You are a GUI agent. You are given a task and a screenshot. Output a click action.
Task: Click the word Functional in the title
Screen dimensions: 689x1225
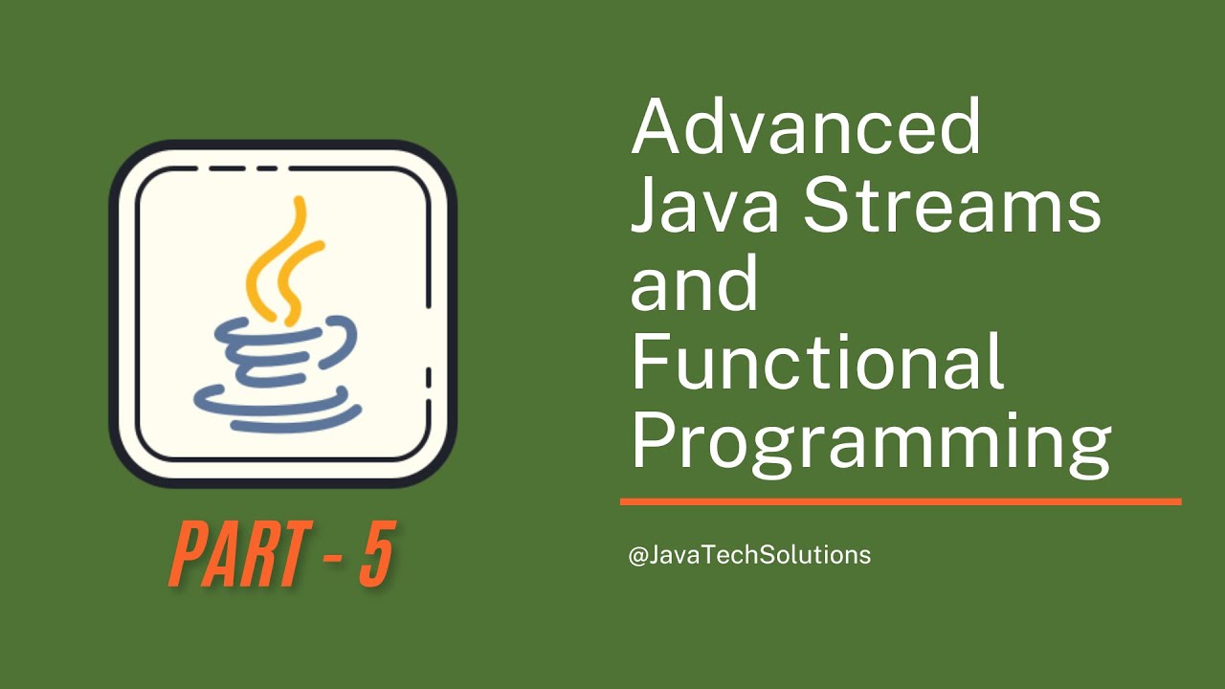click(x=817, y=364)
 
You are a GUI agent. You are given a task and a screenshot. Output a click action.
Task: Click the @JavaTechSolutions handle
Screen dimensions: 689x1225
click(x=749, y=554)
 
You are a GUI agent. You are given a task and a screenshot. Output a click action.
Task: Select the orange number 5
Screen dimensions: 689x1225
click(x=376, y=555)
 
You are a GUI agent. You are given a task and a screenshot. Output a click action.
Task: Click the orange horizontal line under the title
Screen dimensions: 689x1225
click(x=900, y=500)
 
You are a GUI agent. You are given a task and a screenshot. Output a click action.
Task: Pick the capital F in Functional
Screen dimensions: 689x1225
click(x=649, y=364)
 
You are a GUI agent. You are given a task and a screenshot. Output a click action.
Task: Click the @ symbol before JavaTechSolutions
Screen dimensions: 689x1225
click(x=638, y=555)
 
